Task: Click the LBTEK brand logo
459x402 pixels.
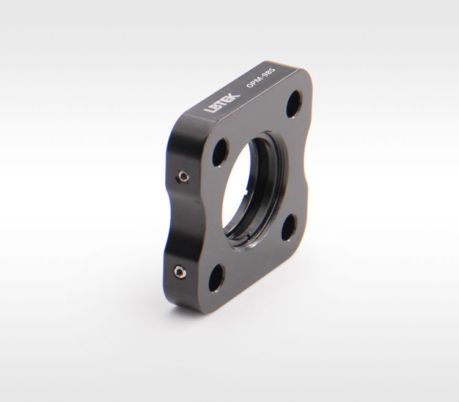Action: (x=222, y=102)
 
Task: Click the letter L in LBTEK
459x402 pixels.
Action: (x=209, y=110)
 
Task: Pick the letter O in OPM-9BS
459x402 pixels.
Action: (x=250, y=85)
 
